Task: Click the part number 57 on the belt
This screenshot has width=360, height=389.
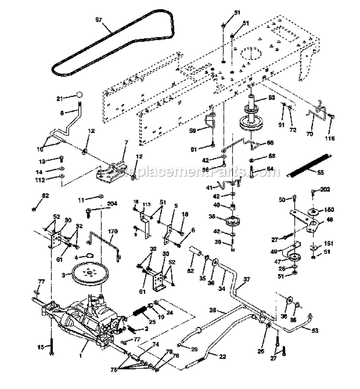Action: [x=98, y=21]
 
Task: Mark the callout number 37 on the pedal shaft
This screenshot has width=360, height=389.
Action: [x=247, y=280]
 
